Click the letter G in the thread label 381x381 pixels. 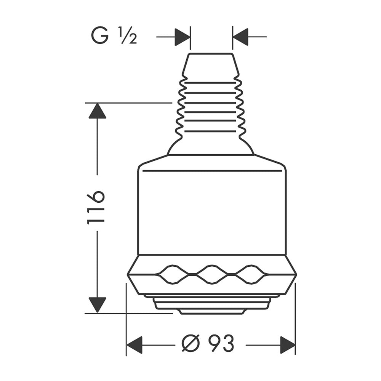pos(99,35)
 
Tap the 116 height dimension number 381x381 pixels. pos(96,207)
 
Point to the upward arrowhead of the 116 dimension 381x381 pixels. pos(97,111)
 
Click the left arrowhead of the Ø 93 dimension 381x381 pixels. pos(134,345)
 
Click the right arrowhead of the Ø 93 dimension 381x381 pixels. pos(288,345)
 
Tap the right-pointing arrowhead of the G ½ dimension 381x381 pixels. pos(182,37)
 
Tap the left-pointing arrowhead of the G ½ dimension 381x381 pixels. pos(240,37)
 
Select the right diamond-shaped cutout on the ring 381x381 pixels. pos(251,274)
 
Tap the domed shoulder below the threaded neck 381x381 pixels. pos(211,147)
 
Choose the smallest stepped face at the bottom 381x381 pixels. pos(212,312)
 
